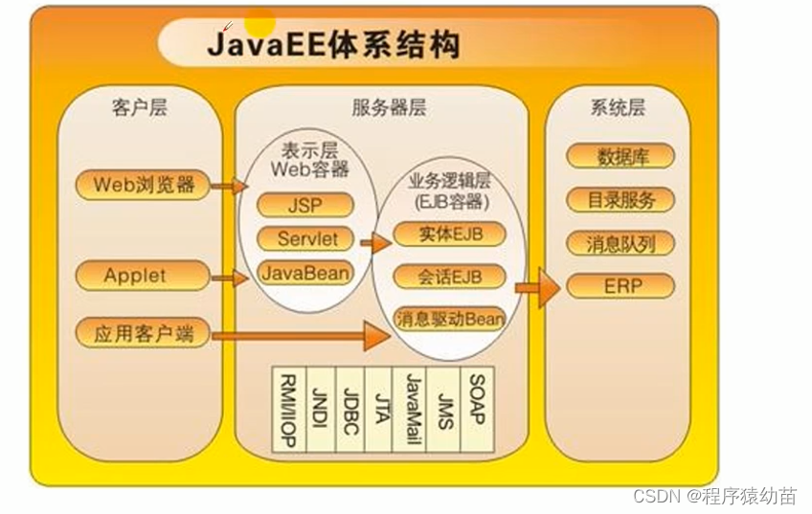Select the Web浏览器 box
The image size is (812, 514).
(x=144, y=184)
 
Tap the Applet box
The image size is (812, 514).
(x=135, y=276)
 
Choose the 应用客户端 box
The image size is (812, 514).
(x=143, y=334)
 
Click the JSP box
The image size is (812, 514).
(x=305, y=204)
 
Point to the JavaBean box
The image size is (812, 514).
(x=304, y=272)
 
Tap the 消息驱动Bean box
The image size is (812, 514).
(x=450, y=320)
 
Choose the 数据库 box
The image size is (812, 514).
(x=621, y=156)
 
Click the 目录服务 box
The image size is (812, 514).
(x=621, y=200)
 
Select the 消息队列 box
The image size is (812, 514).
(x=621, y=243)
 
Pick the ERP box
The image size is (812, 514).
(x=621, y=285)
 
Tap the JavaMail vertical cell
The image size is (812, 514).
(x=413, y=410)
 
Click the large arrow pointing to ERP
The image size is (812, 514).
(x=538, y=286)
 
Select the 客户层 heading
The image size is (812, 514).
(x=139, y=107)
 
